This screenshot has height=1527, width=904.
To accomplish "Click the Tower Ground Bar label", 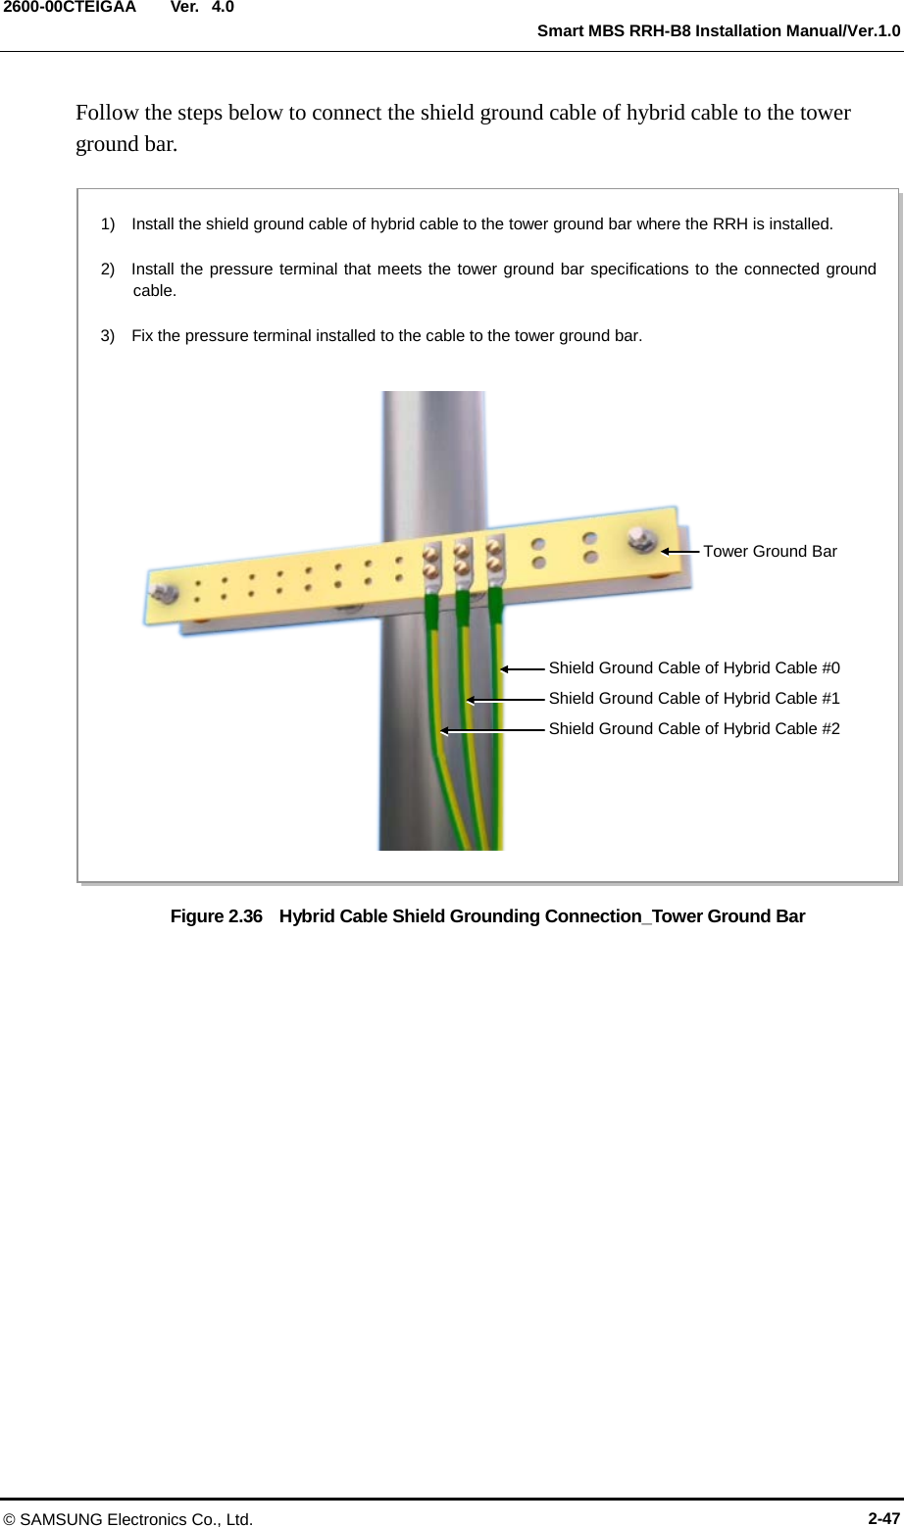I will (770, 551).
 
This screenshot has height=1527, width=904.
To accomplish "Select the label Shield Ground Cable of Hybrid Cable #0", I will (693, 667).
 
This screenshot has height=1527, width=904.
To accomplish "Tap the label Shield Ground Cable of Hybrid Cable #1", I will (693, 698).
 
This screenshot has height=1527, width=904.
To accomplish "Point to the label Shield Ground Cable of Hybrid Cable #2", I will (693, 728).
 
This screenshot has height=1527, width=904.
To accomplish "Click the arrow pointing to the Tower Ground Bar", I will (679, 552).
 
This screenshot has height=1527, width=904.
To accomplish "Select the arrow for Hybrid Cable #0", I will (522, 668).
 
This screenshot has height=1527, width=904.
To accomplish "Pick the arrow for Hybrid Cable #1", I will (505, 700).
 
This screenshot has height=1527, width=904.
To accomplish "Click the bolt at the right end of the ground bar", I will (642, 538).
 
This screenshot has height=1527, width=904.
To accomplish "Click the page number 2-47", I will (883, 1518).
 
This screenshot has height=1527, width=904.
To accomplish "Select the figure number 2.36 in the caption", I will (244, 916).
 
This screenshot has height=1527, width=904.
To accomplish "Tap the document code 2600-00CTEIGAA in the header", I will (69, 8).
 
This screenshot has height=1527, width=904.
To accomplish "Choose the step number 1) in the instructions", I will (108, 223).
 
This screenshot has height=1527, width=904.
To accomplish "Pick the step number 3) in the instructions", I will (108, 335).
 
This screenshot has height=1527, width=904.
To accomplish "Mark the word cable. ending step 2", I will (154, 290).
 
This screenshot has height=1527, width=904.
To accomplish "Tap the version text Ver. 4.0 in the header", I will (202, 8).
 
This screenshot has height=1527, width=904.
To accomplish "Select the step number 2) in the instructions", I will (108, 269).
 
